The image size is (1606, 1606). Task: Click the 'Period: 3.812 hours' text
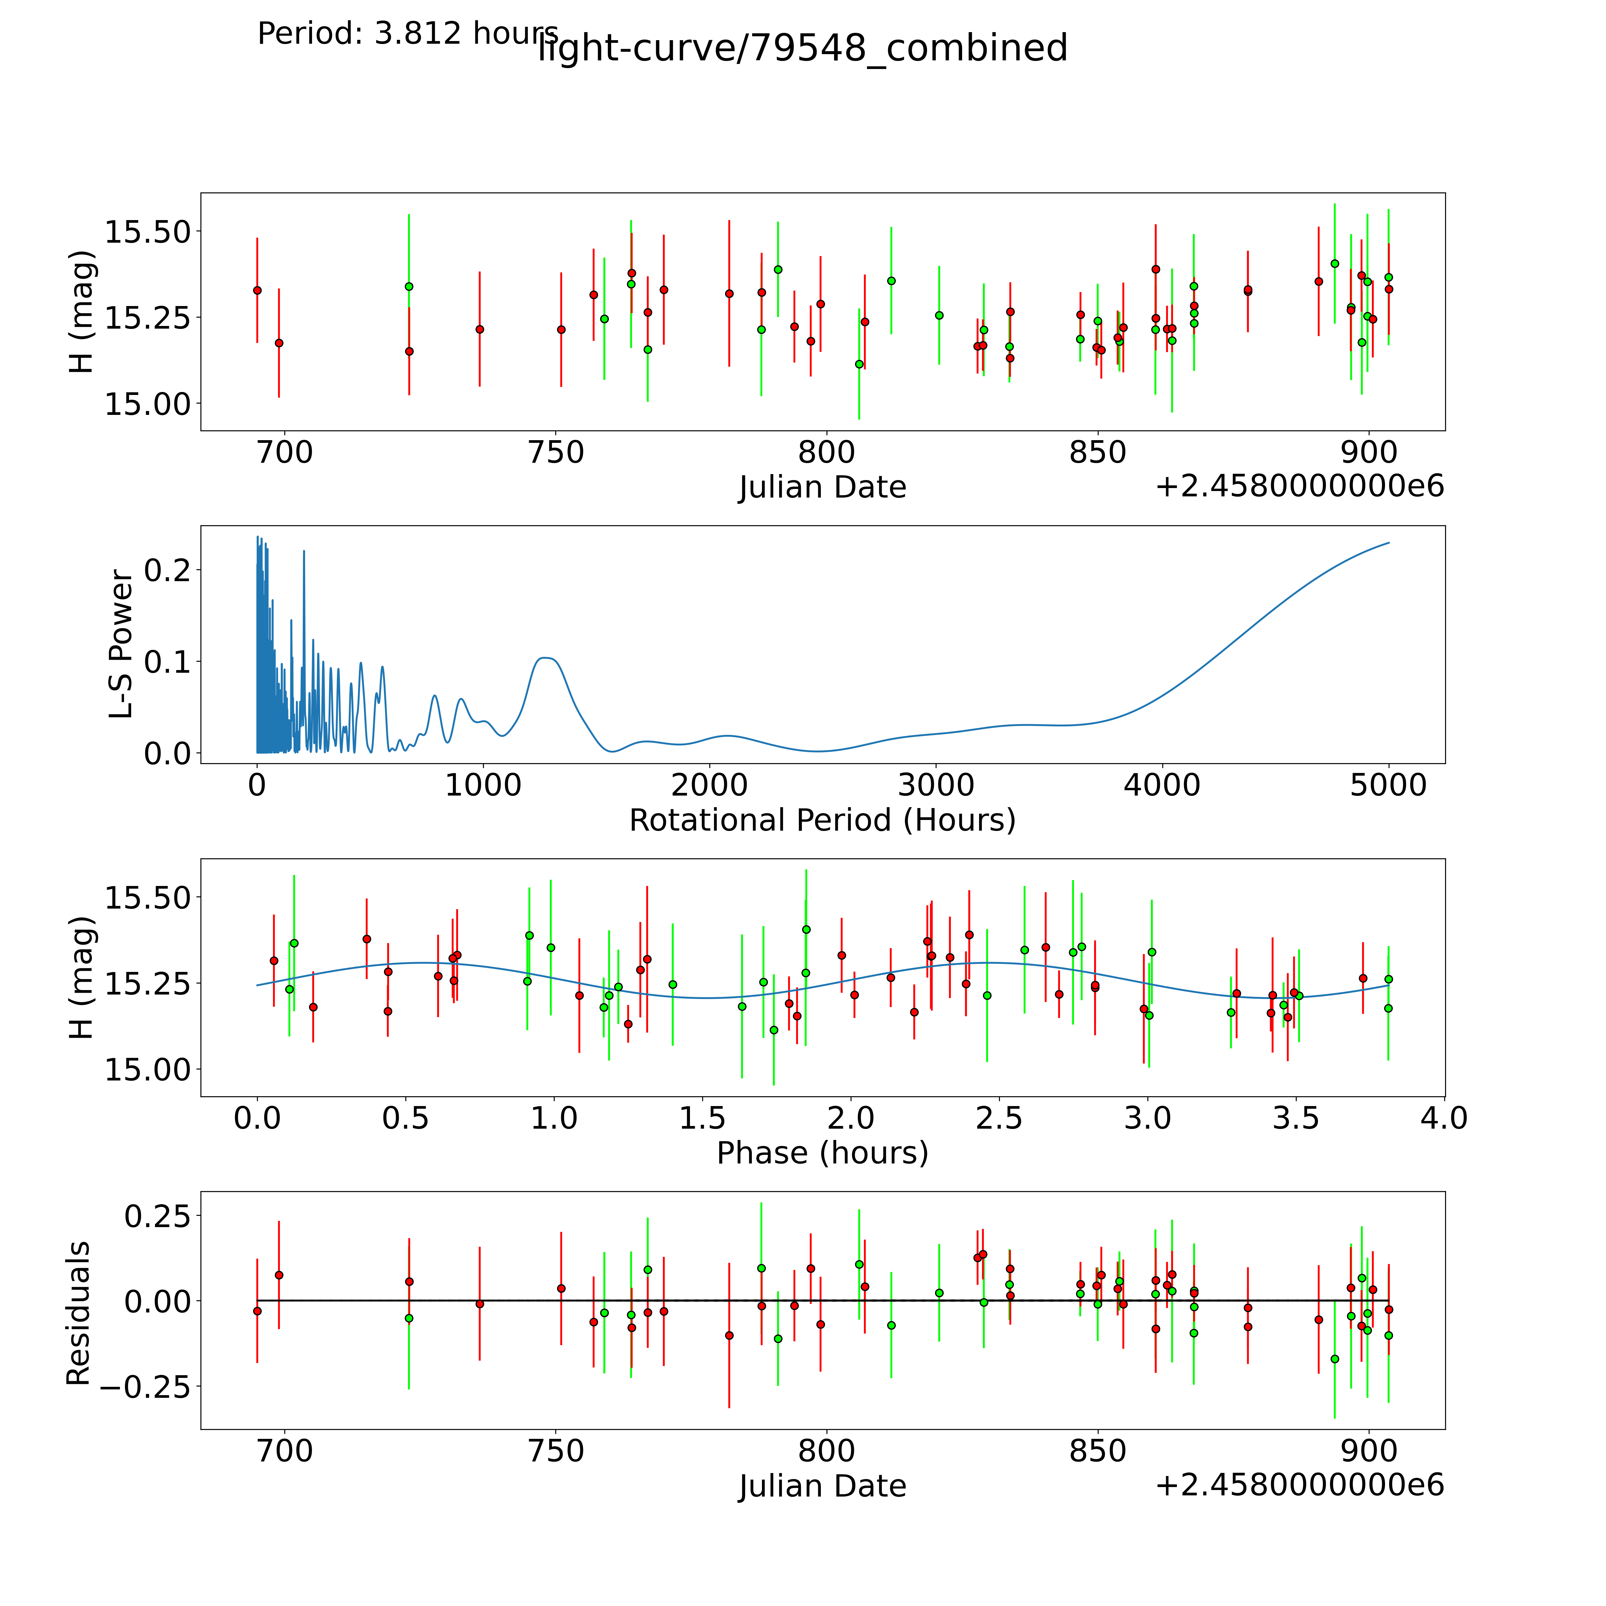[407, 34]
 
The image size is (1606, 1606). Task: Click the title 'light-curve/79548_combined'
[802, 48]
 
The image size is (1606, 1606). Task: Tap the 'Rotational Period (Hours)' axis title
[822, 821]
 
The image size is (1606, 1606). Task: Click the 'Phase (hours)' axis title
[822, 1153]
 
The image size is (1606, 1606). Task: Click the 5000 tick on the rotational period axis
[1388, 785]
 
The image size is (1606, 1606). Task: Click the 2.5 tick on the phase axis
[999, 1118]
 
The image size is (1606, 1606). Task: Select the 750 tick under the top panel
[555, 453]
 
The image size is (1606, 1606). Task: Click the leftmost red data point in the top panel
[257, 290]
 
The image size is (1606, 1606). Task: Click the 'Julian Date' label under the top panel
[822, 487]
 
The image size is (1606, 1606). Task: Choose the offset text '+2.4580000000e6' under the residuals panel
[1299, 1485]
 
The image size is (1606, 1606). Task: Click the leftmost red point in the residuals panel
[257, 1311]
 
